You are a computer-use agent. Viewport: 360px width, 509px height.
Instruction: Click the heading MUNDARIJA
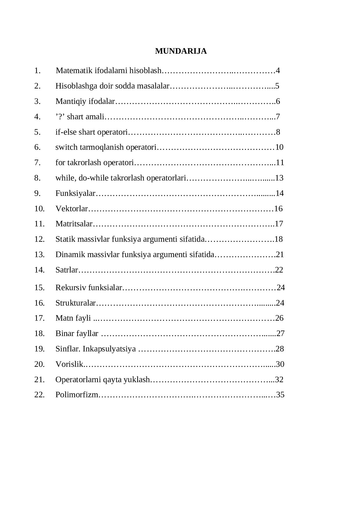[181, 51]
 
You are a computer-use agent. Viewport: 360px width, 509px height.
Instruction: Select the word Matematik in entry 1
[74, 71]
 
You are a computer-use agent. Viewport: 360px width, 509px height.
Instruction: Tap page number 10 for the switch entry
[279, 147]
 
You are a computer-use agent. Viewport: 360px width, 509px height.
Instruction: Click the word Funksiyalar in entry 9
[75, 193]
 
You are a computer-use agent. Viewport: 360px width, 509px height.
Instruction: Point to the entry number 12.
[39, 239]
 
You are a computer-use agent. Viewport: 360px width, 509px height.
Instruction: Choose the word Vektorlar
[71, 209]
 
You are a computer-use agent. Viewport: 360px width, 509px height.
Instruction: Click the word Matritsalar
[74, 224]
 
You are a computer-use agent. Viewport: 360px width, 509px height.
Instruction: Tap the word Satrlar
[67, 270]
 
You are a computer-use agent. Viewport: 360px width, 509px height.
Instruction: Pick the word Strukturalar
[75, 303]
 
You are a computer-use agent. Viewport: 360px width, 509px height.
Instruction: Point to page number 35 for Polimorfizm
[280, 395]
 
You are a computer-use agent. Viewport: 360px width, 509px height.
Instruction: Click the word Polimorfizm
[77, 395]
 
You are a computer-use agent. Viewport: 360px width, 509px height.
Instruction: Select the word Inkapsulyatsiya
[109, 349]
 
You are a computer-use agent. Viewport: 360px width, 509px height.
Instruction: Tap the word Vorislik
[69, 364]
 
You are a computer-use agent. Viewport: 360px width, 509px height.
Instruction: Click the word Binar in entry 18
[65, 333]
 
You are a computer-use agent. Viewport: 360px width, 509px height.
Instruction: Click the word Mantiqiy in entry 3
[71, 101]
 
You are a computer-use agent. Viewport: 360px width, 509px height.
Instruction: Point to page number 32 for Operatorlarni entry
[279, 380]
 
